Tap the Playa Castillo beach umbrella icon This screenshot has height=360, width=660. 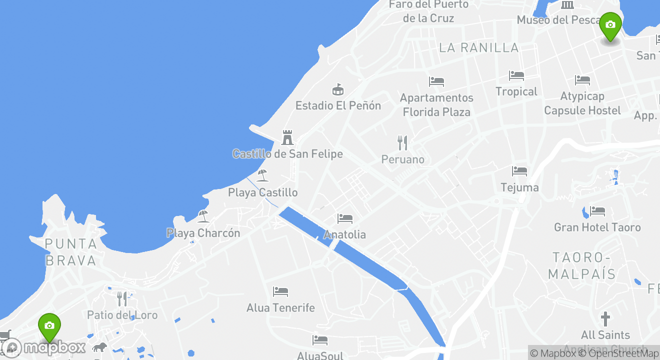point(262,175)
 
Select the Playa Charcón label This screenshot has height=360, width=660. point(203,233)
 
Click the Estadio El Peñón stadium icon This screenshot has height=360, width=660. point(338,90)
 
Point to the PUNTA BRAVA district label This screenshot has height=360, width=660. point(70,252)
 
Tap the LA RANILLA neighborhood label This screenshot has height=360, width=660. point(479,47)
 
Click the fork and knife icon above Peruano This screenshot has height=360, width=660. point(402,143)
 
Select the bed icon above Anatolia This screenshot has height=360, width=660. point(344,218)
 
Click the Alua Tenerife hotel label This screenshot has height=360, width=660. point(280,307)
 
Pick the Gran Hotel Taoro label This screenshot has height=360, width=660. point(597,227)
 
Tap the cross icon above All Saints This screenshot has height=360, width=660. point(605,318)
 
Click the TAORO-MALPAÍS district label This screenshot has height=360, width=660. point(582,265)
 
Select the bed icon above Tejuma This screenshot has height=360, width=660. point(519,171)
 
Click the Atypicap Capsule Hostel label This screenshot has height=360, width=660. point(582,103)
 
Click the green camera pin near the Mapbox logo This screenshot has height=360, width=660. point(49,326)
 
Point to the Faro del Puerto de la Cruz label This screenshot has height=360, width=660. point(428,11)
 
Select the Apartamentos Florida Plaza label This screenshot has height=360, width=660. point(436,104)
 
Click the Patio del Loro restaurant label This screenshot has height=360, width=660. point(122,315)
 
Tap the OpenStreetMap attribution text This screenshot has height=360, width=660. point(618,353)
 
